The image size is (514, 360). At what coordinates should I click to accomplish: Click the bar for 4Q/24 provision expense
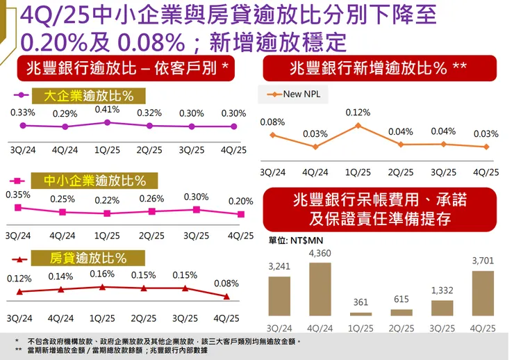(x=320, y=289)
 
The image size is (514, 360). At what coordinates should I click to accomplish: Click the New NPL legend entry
(x=295, y=94)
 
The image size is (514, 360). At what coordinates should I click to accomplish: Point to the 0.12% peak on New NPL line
(x=358, y=126)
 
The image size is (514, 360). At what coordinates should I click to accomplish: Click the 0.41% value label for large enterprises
(x=107, y=110)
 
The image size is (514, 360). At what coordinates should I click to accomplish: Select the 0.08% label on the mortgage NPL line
(x=226, y=284)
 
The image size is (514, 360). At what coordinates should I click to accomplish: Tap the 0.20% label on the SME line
(x=240, y=201)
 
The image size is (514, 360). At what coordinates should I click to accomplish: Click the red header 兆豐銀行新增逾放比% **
(x=379, y=68)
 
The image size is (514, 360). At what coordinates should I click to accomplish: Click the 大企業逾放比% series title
(x=88, y=96)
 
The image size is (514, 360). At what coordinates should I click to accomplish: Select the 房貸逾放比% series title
(x=88, y=259)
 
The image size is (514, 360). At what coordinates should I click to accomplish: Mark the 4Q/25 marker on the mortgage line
(x=226, y=297)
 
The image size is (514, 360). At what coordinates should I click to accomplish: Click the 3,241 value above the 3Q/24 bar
(x=279, y=266)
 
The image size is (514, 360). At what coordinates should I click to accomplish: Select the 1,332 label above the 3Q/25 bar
(x=442, y=290)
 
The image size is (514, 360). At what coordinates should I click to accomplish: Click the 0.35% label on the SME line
(x=18, y=195)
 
